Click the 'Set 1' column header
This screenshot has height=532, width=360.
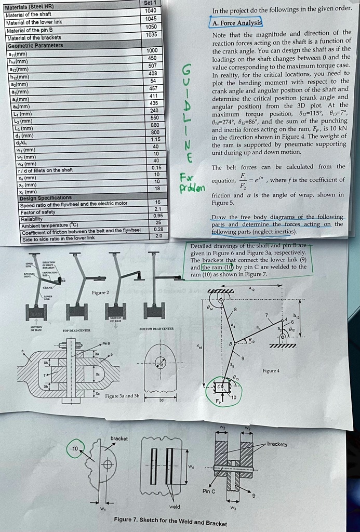coord(151,3)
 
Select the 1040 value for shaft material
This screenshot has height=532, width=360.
coord(151,11)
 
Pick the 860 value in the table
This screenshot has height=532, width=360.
coord(154,125)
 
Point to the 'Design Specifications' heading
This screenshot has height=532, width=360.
coord(46,197)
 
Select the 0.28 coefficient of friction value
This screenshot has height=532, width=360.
coord(158,229)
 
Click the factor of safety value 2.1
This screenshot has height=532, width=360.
coord(158,209)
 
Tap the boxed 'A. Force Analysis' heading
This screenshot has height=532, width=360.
coord(236,23)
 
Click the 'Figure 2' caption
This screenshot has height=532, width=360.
coord(100,293)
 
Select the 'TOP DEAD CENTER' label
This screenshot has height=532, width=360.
coord(77,330)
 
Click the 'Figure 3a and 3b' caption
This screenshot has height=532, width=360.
coord(122,396)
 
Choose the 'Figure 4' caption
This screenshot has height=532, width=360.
coord(271,370)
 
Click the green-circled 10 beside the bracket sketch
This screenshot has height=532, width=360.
coord(75,448)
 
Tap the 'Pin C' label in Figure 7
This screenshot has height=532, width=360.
coord(210,491)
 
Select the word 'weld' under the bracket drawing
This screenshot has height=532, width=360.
coord(175,506)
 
